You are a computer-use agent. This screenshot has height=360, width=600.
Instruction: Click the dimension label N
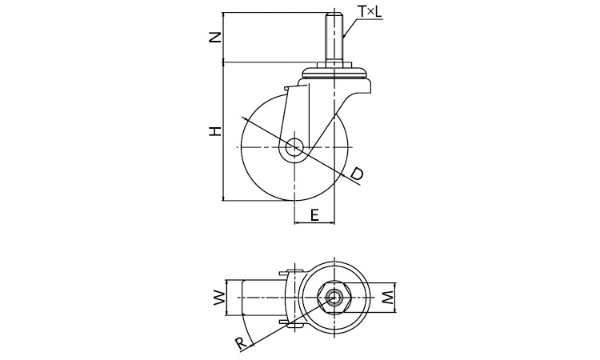coord(213,37)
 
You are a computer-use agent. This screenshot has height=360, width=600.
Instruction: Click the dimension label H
coord(214,130)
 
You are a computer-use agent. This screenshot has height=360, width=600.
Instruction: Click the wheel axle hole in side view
coord(294,148)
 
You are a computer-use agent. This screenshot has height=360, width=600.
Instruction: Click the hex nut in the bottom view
coord(333,298)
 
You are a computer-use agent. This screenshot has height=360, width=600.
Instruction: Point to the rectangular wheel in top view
coord(260,298)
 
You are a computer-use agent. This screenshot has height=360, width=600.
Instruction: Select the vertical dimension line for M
coord(397,298)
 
